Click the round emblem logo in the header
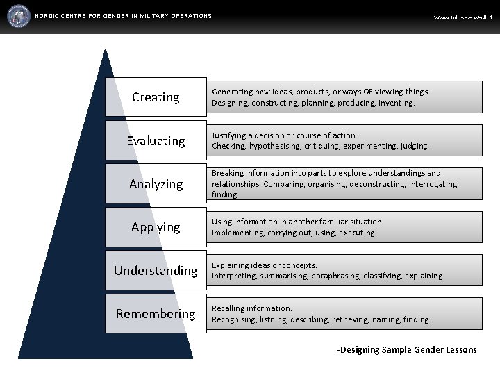pos(19,15)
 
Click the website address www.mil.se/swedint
pos(462,17)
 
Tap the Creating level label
pos(156,97)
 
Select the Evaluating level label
pos(156,141)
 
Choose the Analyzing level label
pos(156,184)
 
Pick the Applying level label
pos(156,227)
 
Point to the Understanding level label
pos(156,270)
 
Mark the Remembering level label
pos(156,314)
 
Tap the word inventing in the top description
pos(396,103)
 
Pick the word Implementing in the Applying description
pos(237,233)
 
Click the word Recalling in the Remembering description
pos(228,308)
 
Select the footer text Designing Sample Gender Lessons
pos(408,350)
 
